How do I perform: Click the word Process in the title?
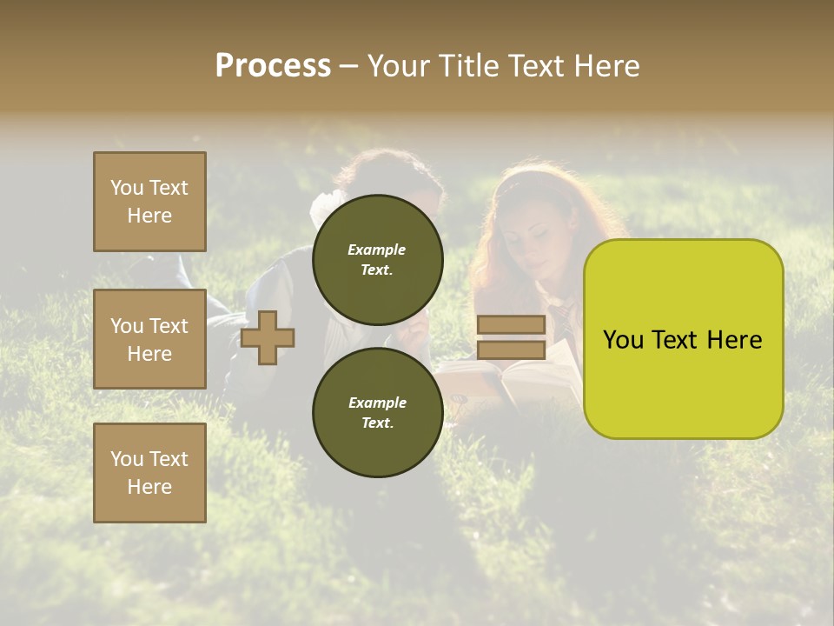click(273, 66)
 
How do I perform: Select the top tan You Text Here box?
click(149, 202)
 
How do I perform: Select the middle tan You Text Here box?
click(149, 339)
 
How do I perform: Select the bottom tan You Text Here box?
click(149, 472)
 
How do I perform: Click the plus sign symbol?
click(268, 337)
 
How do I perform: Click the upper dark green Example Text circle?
click(377, 259)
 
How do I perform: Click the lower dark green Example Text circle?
click(377, 412)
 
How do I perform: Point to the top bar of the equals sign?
click(512, 325)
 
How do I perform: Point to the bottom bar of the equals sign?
click(512, 350)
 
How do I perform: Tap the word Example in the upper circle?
click(377, 250)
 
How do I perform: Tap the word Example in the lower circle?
click(377, 403)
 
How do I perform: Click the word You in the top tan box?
click(126, 188)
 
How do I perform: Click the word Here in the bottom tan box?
click(149, 487)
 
